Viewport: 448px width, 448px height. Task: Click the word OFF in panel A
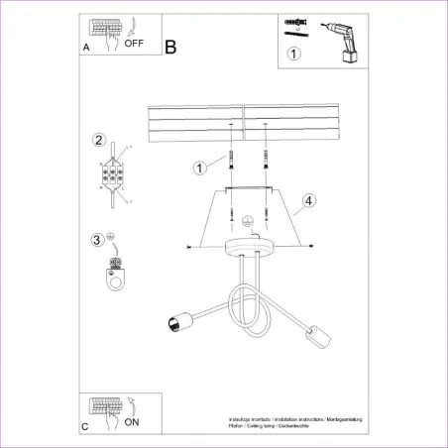click(x=134, y=44)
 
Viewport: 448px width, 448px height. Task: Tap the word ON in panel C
click(x=132, y=421)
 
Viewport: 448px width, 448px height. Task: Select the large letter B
click(x=170, y=47)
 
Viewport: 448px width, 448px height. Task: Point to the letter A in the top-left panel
click(x=85, y=47)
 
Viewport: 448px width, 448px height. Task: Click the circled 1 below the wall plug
click(x=293, y=55)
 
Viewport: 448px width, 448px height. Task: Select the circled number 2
click(x=98, y=140)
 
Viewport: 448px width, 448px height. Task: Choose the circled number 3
click(x=96, y=239)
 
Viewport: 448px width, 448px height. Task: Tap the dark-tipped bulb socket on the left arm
click(x=172, y=321)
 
